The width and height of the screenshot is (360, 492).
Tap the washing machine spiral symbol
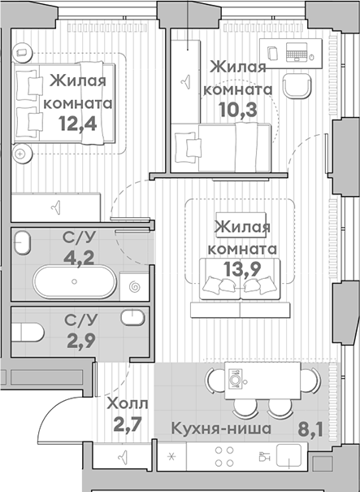[x=134, y=286]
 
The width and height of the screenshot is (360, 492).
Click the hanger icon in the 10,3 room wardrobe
[x=186, y=79]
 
